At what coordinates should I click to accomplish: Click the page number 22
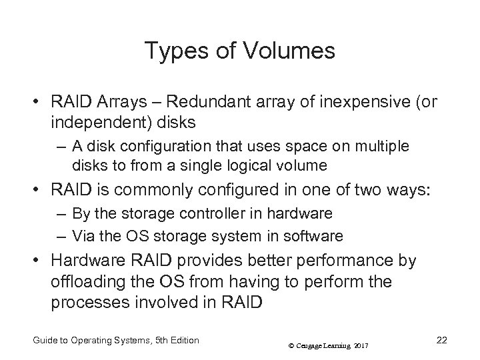tap(441, 340)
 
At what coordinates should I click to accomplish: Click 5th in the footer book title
tap(161, 340)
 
